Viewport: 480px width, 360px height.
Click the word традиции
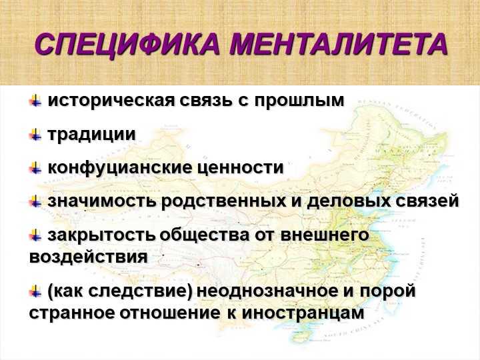(91, 135)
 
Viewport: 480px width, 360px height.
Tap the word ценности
(240, 168)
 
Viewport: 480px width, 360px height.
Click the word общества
(205, 235)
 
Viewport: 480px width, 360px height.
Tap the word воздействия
(89, 257)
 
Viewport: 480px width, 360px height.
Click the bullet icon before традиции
(35, 135)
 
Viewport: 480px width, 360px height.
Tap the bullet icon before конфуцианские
(35, 168)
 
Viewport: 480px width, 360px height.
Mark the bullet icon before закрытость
(35, 235)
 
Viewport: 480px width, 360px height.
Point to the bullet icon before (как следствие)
(35, 291)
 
